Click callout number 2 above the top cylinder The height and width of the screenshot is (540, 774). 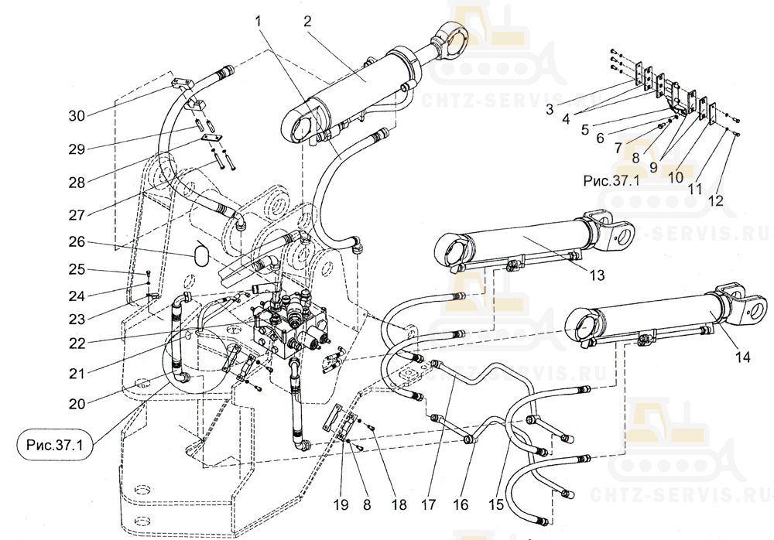click(x=307, y=21)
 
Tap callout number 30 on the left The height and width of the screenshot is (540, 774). click(x=77, y=116)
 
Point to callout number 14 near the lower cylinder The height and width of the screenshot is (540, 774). click(x=743, y=357)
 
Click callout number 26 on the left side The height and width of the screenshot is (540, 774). click(x=77, y=242)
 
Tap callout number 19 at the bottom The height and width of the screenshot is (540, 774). click(x=341, y=504)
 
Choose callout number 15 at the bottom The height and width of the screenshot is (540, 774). click(x=496, y=504)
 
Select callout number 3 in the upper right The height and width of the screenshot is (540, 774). click(x=549, y=109)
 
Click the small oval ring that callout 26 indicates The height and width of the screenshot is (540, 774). click(x=200, y=253)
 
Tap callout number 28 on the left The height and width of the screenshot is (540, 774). click(x=77, y=183)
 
